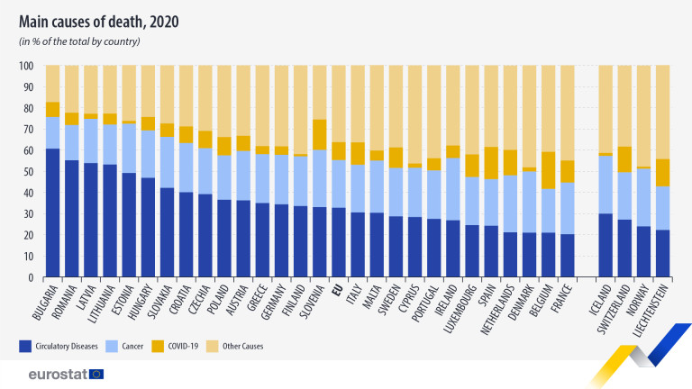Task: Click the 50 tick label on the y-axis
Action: [x=28, y=172]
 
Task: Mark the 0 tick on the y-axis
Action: [x=31, y=278]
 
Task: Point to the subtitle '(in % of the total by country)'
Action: [x=79, y=41]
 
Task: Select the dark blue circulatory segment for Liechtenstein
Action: [x=662, y=254]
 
